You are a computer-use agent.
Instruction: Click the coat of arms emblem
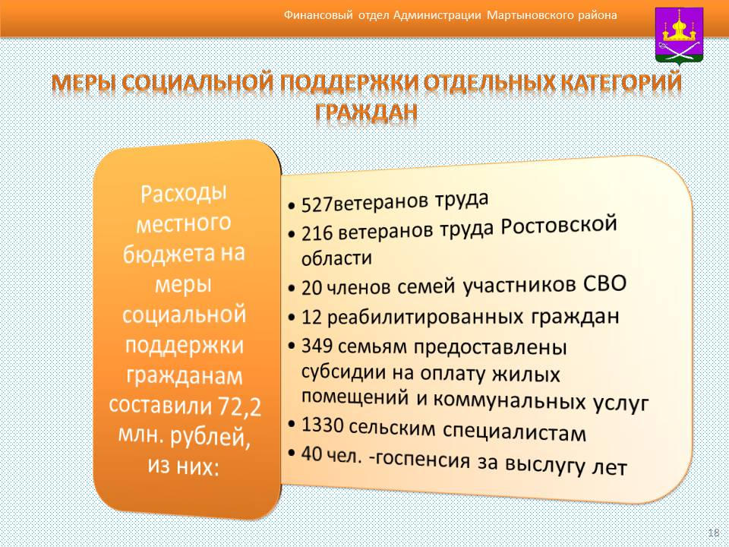pyautogui.click(x=679, y=36)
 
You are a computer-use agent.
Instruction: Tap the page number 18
pyautogui.click(x=714, y=533)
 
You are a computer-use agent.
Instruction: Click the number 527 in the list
pyautogui.click(x=317, y=204)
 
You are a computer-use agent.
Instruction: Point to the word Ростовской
pyautogui.click(x=559, y=226)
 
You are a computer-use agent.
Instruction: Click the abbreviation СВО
pyautogui.click(x=605, y=283)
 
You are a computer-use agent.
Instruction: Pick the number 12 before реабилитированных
pyautogui.click(x=311, y=317)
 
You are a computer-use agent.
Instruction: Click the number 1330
pyautogui.click(x=322, y=425)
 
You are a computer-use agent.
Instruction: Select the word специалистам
pyautogui.click(x=514, y=432)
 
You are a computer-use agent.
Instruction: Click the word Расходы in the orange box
pyautogui.click(x=184, y=193)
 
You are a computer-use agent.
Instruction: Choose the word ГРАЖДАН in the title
pyautogui.click(x=366, y=112)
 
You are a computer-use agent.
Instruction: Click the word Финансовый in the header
pyautogui.click(x=318, y=15)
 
